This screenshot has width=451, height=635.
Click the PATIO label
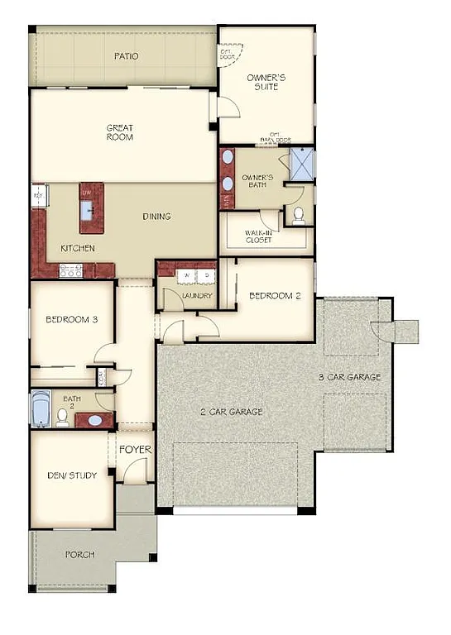(x=126, y=56)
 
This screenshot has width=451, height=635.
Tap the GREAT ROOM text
(x=120, y=132)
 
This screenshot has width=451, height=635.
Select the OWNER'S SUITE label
(x=267, y=82)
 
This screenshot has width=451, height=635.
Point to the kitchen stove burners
(x=70, y=269)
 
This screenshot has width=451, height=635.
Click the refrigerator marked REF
(x=38, y=195)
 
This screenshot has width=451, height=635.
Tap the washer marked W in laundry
(x=187, y=275)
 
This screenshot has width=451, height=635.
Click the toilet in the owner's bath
(x=299, y=215)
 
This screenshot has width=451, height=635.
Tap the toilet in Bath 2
(x=62, y=417)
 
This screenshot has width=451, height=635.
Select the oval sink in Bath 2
(x=95, y=420)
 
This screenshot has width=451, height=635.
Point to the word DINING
(x=156, y=217)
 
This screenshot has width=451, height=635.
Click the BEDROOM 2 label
(x=275, y=295)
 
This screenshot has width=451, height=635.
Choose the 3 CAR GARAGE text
(x=351, y=377)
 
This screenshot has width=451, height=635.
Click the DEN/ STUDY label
(x=72, y=475)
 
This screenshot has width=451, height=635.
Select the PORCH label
(x=79, y=554)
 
